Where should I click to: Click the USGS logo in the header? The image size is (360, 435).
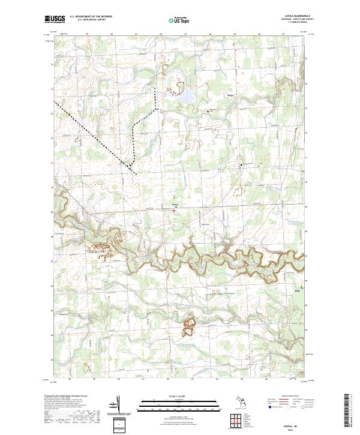[55, 19]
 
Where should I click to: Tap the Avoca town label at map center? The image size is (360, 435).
[175, 205]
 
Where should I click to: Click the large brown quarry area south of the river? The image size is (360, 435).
[189, 327]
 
